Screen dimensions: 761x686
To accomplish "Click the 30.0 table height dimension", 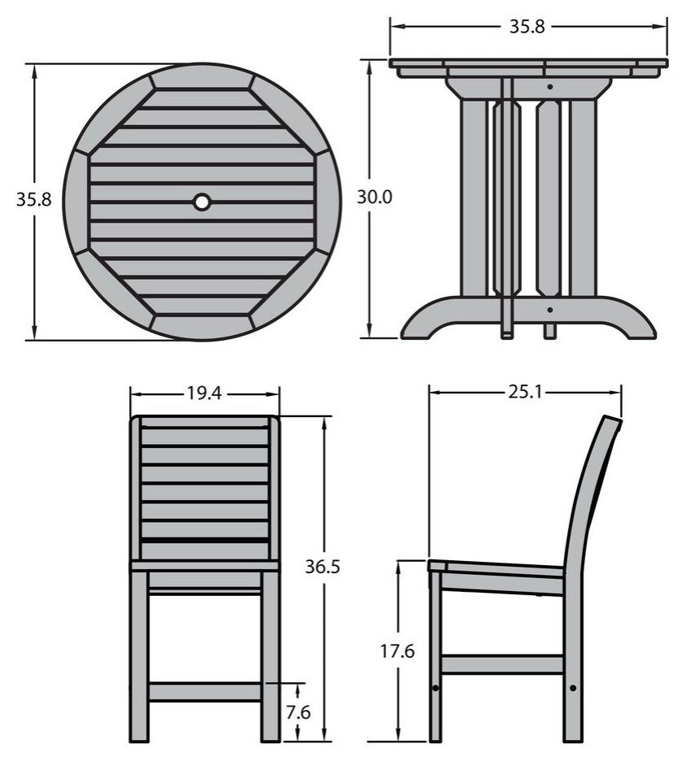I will (375, 197).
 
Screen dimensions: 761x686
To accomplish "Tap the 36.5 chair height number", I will (324, 567).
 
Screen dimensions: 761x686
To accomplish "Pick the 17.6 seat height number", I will (397, 651).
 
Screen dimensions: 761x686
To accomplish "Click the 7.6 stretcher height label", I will (299, 712).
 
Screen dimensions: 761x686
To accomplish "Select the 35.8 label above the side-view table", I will (527, 26).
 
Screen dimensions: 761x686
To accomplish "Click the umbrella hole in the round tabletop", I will (201, 201).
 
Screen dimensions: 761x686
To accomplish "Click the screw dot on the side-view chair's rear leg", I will (574, 688).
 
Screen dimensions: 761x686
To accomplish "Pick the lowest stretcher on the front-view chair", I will (205, 692).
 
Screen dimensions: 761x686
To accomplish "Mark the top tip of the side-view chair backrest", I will (611, 420).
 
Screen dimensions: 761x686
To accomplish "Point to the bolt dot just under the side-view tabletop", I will (550, 85).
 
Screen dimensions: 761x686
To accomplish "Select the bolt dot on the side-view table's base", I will (550, 309).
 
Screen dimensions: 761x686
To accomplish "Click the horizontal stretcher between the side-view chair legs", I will (502, 664).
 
